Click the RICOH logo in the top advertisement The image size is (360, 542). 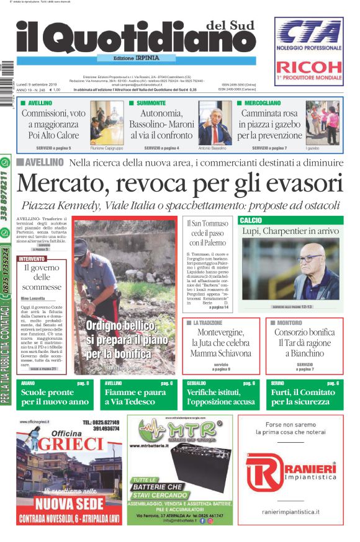click(308, 67)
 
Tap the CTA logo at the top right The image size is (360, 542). click(309, 32)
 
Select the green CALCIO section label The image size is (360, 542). click(251, 220)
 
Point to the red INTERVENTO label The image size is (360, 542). click(32, 259)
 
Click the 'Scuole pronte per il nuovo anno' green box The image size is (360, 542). click(54, 397)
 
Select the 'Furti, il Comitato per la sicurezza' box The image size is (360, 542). click(304, 397)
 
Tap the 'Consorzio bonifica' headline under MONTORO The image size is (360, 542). click(304, 332)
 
